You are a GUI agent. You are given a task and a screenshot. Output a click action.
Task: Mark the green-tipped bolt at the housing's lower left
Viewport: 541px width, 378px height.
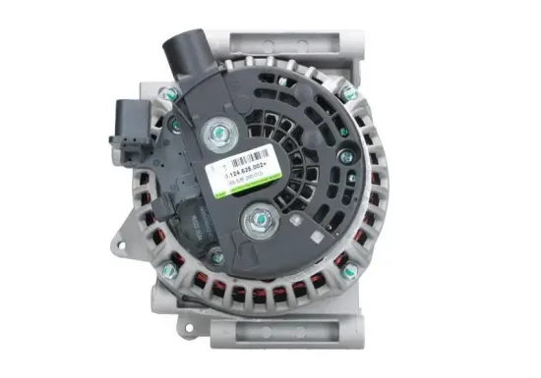pos(168,269)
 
